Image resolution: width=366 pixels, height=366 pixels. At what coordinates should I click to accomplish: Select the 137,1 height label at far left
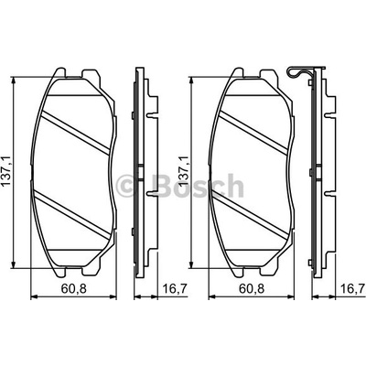pyautogui.click(x=6, y=171)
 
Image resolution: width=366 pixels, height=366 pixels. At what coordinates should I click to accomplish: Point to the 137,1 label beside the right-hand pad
pyautogui.click(x=184, y=171)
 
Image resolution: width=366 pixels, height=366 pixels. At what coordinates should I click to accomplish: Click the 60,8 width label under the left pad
pyautogui.click(x=74, y=288)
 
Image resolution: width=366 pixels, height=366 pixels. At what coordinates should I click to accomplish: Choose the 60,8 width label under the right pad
pyautogui.click(x=252, y=288)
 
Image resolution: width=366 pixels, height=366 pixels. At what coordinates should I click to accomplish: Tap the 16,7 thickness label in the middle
pyautogui.click(x=175, y=288)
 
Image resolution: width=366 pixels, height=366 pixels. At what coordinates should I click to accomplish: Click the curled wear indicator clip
pyautogui.click(x=298, y=74)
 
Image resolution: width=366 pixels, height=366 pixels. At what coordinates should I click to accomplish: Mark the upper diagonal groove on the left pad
pyautogui.click(x=75, y=131)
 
